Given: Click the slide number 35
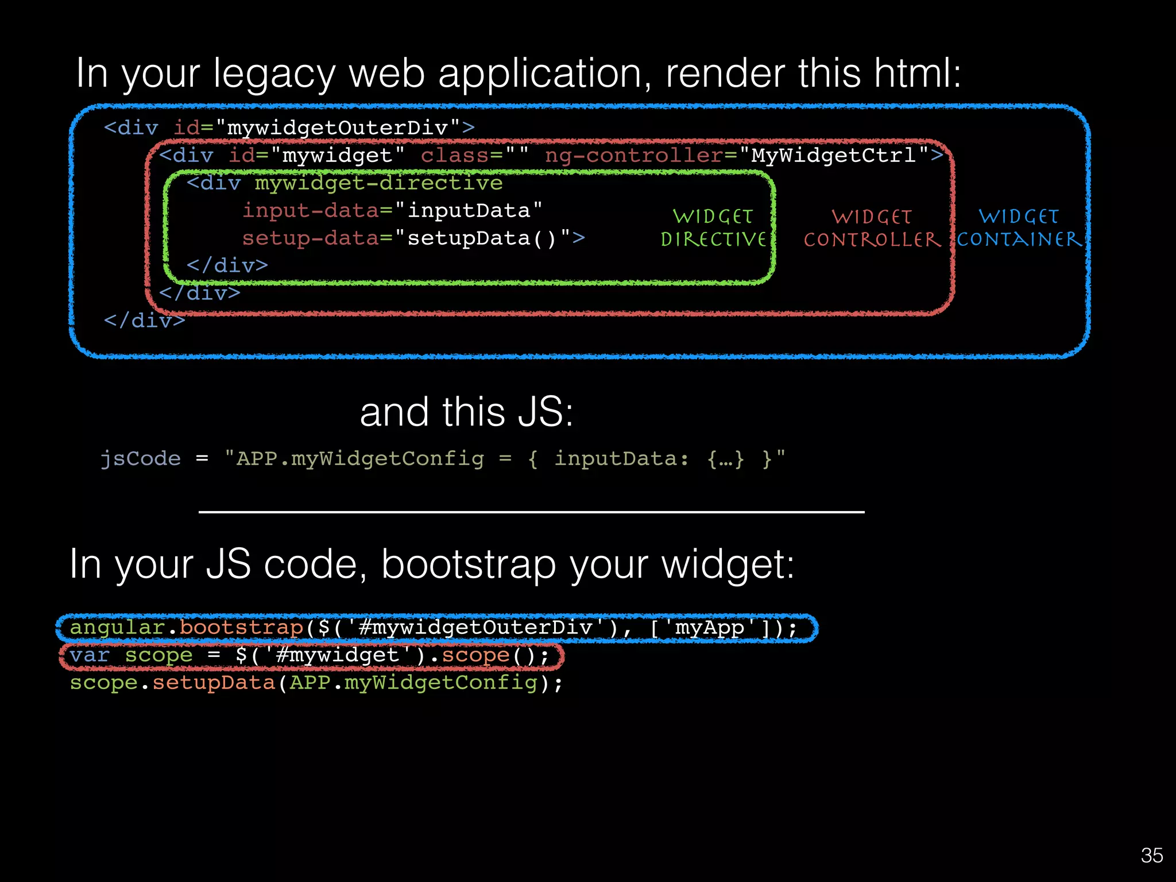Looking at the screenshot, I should (x=1151, y=856).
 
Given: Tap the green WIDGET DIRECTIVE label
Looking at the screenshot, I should (x=713, y=228).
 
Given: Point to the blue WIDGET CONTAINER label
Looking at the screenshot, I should (x=1019, y=228).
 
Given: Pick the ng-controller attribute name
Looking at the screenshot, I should (x=633, y=156).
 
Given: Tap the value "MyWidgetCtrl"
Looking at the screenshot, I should (x=834, y=156).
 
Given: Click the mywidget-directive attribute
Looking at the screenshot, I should (x=378, y=183).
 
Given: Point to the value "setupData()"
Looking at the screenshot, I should (x=482, y=238).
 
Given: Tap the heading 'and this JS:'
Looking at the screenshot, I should (x=466, y=412).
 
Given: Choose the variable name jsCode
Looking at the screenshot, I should (x=141, y=459).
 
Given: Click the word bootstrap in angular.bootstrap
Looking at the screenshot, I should (x=241, y=627).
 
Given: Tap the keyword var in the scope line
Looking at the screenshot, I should (x=90, y=655).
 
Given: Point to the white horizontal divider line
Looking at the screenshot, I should (x=531, y=512).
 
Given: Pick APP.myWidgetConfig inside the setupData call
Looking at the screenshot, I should (x=413, y=683).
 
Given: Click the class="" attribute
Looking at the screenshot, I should (x=474, y=156).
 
